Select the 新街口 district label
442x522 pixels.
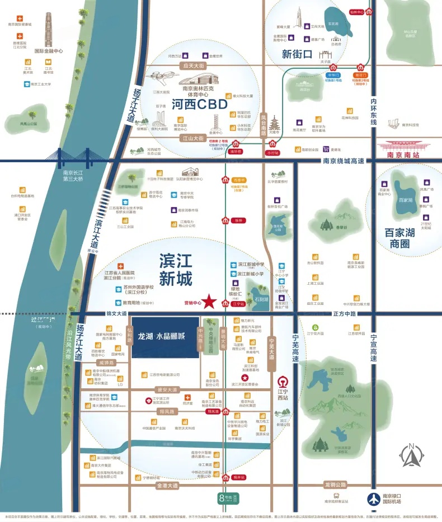tap(296, 55)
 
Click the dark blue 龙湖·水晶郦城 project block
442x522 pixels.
tap(165, 337)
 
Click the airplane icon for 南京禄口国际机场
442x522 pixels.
tap(373, 499)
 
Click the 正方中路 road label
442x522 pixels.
tap(344, 313)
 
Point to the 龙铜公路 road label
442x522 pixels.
tap(335, 485)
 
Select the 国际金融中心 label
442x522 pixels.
tap(49, 50)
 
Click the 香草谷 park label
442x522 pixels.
tap(341, 227)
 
